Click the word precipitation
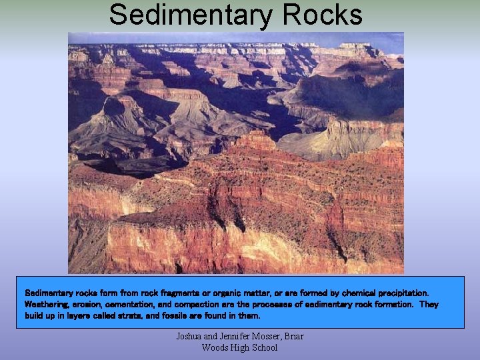pyautogui.click(x=401, y=293)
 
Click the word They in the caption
pyautogui.click(x=429, y=304)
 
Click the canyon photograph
pyautogui.click(x=235, y=153)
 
